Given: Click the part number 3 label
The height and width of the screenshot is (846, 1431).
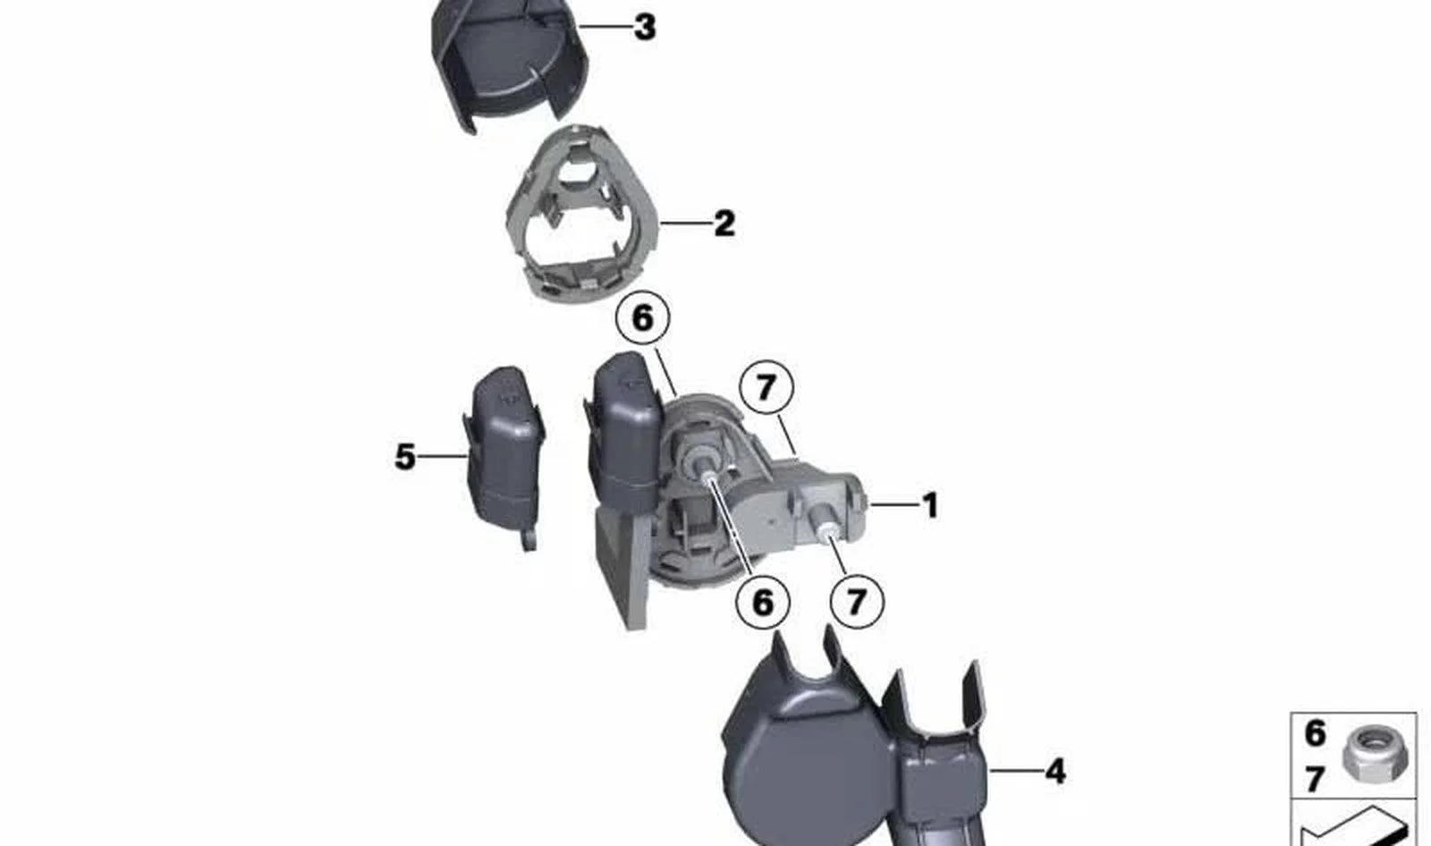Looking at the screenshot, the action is tap(645, 28).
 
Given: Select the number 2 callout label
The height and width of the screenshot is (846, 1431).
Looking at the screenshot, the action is tap(724, 224).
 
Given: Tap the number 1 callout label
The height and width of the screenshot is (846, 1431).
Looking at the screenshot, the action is tap(931, 505).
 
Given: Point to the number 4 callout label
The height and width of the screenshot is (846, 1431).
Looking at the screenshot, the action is tap(1055, 771).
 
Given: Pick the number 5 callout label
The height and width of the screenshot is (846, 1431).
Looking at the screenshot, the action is tap(405, 457).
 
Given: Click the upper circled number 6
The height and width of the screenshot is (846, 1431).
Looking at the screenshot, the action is tap(643, 318).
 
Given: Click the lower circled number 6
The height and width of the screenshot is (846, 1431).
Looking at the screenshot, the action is tap(763, 602).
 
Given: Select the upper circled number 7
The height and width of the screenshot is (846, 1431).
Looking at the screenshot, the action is tap(766, 387).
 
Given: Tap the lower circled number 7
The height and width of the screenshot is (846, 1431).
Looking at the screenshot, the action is tap(857, 601).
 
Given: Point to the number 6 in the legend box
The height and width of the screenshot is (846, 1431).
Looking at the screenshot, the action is tap(1315, 733).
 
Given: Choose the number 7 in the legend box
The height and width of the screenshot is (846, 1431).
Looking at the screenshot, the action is tap(1314, 780).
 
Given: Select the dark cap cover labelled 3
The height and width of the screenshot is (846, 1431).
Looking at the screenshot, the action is tap(511, 63).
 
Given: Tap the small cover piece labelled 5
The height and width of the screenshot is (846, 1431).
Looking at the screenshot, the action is tap(504, 456).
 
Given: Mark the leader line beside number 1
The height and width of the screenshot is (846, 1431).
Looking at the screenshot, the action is tap(894, 504).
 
